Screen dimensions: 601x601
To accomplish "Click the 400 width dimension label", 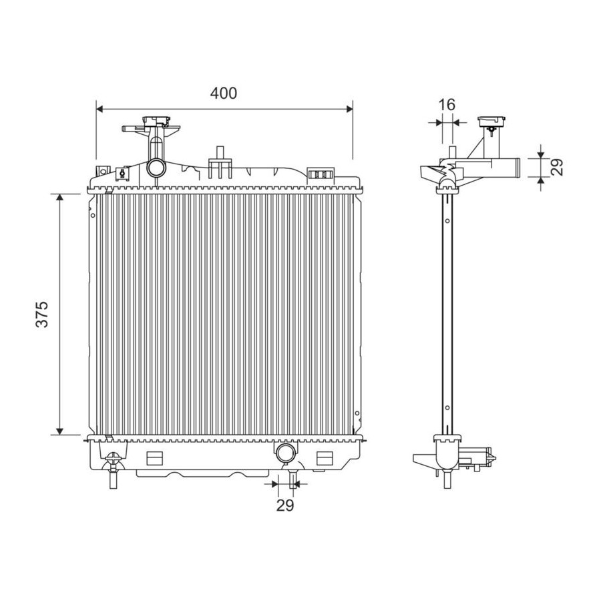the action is (x=224, y=93).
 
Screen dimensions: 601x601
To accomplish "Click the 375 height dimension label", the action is (x=42, y=315).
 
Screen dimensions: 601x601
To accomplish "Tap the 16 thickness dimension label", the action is (x=447, y=104).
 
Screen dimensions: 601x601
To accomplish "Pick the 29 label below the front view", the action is (x=285, y=506).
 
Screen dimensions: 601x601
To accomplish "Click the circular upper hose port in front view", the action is (x=157, y=167).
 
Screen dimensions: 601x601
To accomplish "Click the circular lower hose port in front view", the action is (x=285, y=452).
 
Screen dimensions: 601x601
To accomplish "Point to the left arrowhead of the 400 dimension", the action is (x=100, y=110).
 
